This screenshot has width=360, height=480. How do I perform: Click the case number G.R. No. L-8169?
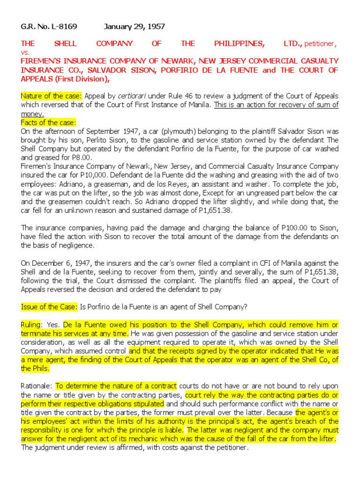(49, 27)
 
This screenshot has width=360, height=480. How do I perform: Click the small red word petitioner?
(321, 44)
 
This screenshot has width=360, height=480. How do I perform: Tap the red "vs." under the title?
(25, 52)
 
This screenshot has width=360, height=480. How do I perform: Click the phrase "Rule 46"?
(180, 96)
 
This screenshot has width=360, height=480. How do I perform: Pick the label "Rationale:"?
(37, 386)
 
